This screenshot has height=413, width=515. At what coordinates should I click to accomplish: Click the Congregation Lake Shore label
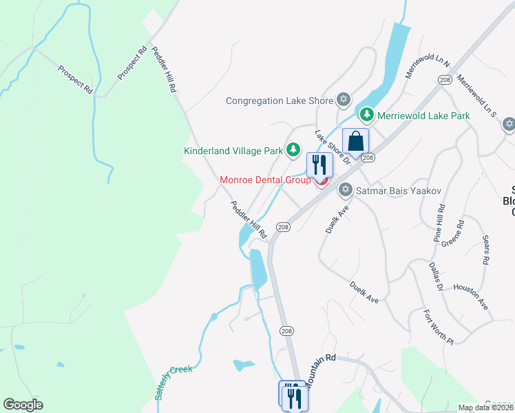[280, 101]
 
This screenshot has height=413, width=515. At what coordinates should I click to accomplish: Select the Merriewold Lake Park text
[423, 116]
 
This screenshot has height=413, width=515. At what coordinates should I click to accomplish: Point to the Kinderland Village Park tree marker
[294, 149]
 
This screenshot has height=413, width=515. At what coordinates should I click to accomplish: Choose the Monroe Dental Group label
[265, 180]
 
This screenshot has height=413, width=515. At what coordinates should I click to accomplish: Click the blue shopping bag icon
[355, 142]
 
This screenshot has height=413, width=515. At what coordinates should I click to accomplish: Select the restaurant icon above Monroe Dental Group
[319, 165]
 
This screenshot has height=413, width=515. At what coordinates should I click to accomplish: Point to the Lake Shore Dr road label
[333, 147]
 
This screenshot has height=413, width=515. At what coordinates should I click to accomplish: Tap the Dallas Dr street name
[435, 275]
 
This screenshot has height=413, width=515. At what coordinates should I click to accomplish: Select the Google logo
[23, 405]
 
